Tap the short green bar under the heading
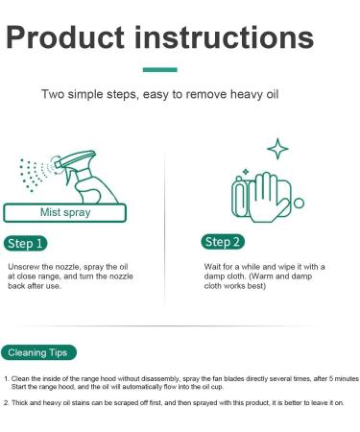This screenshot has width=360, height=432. pos(159,70)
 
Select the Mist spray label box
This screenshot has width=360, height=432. pos(63,213)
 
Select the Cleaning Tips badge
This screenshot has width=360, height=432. pos(39,352)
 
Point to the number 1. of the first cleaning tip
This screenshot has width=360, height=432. pos(7,380)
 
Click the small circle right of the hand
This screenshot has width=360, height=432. pos(299,203)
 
